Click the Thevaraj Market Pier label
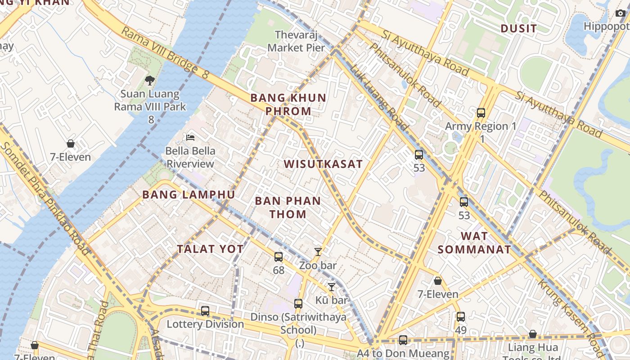point(296,41)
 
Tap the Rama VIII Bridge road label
point(165,53)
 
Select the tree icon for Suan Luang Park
point(149,81)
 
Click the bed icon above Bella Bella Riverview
point(190,137)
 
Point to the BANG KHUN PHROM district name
point(288,104)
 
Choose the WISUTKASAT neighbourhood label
point(323,164)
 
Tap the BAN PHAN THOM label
point(288,207)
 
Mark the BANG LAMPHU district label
point(189,195)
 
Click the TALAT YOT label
point(210,249)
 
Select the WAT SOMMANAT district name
point(474,243)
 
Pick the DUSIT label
point(519,29)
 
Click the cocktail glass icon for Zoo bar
point(318,252)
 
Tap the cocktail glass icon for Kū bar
point(332,287)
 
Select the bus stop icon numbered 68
point(279,257)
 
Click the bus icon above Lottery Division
point(205,310)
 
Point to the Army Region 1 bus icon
point(481,112)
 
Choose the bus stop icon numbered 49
point(460,317)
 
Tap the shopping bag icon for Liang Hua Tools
point(532,334)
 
